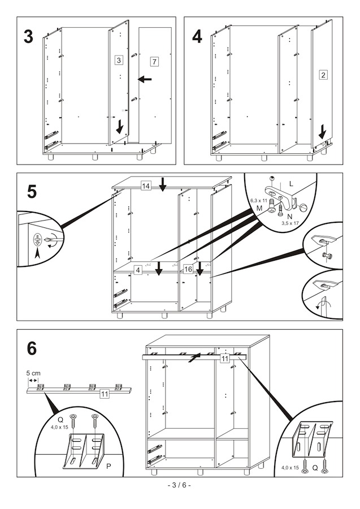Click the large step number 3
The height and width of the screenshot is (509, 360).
29,37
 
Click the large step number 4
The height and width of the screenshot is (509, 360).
197,37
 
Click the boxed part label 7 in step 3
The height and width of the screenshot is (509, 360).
154,61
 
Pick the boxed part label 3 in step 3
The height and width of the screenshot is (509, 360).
119,59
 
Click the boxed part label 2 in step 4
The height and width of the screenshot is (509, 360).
323,75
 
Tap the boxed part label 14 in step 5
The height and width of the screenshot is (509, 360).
146,186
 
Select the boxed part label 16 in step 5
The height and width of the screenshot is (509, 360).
188,269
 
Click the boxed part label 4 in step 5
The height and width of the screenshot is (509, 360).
137,270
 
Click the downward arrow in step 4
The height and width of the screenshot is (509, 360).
322,132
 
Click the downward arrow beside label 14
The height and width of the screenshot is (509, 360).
163,184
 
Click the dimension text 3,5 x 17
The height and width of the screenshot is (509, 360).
290,223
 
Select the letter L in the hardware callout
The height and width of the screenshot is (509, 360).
292,184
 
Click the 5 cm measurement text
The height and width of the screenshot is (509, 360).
33,373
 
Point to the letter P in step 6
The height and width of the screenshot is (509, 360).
108,465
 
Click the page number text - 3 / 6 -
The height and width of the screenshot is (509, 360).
180,485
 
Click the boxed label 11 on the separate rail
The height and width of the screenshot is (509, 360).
104,394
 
